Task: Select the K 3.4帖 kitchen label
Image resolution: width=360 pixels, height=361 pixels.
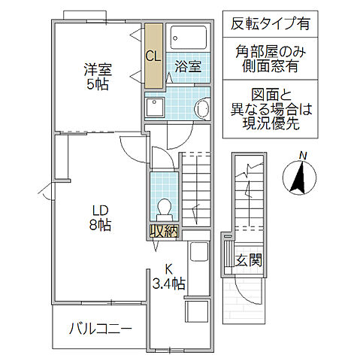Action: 169,276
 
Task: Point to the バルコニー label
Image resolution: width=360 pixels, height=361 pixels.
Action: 101,329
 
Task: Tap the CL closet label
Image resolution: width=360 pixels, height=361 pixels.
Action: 153,55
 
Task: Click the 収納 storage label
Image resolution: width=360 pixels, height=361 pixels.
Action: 163,232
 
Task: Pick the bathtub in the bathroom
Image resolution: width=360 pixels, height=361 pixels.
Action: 189,37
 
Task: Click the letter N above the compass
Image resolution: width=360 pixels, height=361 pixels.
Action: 302,156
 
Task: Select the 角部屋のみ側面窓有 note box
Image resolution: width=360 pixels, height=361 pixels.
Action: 267,60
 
